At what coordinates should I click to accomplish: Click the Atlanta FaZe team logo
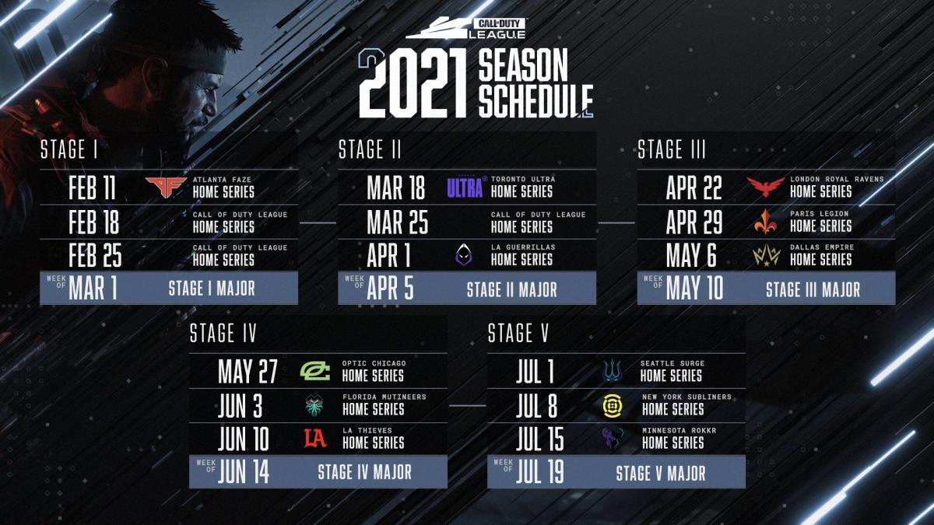166,187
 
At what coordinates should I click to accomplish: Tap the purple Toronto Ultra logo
466,187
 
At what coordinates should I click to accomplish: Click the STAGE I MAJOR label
212,289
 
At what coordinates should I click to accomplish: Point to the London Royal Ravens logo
766,187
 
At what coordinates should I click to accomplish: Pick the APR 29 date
693,222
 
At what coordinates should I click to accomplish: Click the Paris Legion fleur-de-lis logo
766,222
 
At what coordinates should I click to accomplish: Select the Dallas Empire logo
766,255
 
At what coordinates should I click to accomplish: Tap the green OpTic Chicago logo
316,371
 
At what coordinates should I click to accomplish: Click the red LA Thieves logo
315,439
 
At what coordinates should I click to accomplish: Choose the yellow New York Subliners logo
613,404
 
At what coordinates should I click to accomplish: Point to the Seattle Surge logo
613,371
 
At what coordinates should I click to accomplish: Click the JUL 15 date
539,439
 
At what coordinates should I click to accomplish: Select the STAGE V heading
518,334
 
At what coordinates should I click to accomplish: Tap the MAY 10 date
694,289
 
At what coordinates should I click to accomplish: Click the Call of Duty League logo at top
467,29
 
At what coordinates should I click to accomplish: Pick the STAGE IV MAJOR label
364,472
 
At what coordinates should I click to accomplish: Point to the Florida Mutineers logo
316,405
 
